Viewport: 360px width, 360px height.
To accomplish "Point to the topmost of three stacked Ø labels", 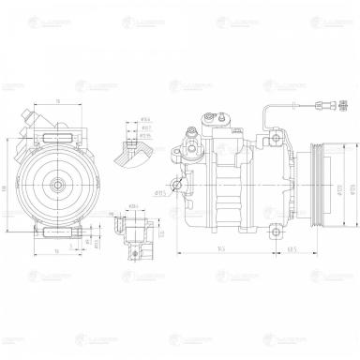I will [145, 120].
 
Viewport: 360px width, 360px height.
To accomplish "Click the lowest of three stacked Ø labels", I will [145, 136].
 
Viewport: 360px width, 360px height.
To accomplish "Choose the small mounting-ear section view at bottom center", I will [133, 229].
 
